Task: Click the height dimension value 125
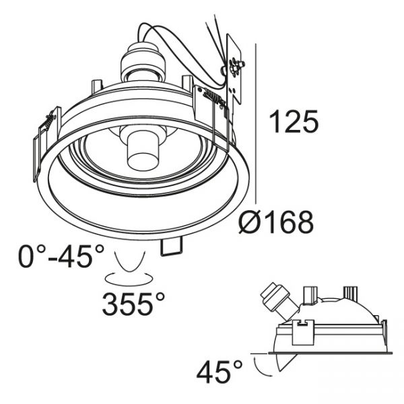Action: click(x=294, y=122)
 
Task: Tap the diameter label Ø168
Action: click(x=276, y=222)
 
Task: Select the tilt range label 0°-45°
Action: click(x=61, y=256)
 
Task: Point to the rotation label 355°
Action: click(x=133, y=304)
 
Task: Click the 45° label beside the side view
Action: click(x=220, y=372)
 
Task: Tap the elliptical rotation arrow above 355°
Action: click(x=129, y=279)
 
